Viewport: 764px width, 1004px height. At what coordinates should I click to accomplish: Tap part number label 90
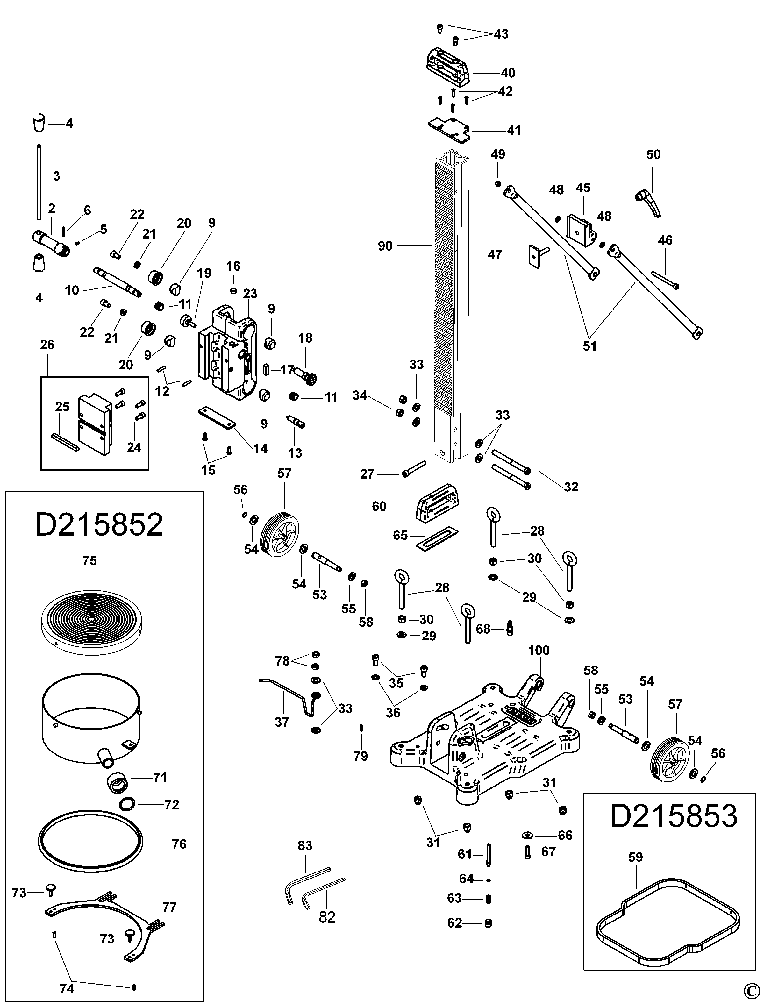(x=385, y=246)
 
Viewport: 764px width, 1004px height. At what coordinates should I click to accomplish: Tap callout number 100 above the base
(x=539, y=650)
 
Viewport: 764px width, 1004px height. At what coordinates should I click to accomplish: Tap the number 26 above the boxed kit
(x=47, y=345)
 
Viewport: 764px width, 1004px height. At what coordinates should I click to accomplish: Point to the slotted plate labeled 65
(x=437, y=538)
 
